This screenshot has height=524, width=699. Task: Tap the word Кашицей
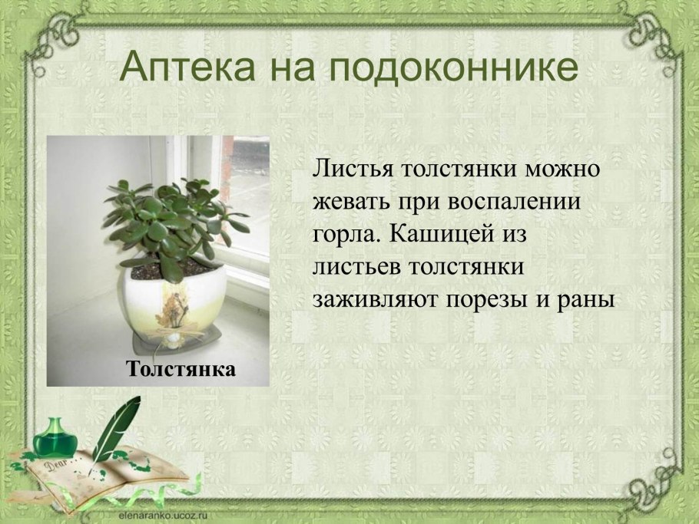tap(442, 234)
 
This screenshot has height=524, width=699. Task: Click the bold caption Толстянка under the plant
tap(181, 369)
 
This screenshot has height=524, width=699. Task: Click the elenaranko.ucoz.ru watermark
tap(163, 515)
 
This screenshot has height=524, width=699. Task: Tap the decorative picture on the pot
tap(171, 308)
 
